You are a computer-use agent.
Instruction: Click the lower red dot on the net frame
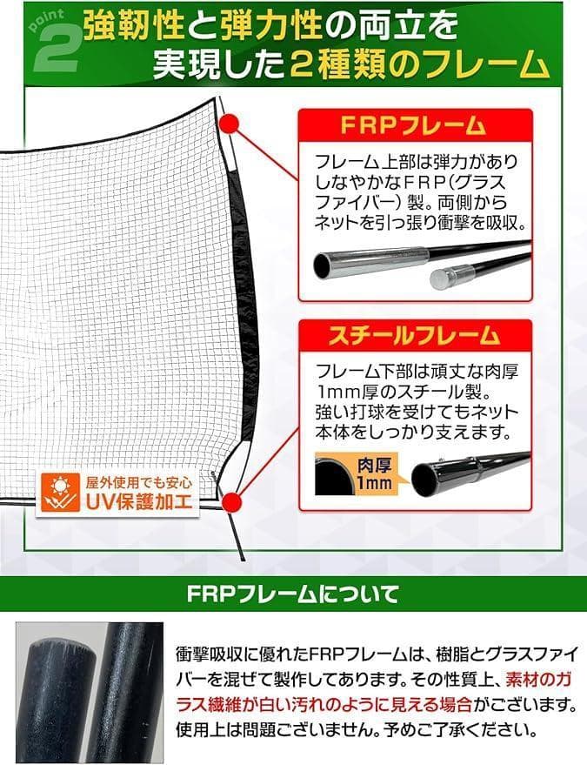pyautogui.click(x=231, y=501)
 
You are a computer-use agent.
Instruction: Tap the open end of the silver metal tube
pyautogui.click(x=324, y=265)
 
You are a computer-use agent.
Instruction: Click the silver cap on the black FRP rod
pyautogui.click(x=443, y=278)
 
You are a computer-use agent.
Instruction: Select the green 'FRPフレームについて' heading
pyautogui.click(x=293, y=595)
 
